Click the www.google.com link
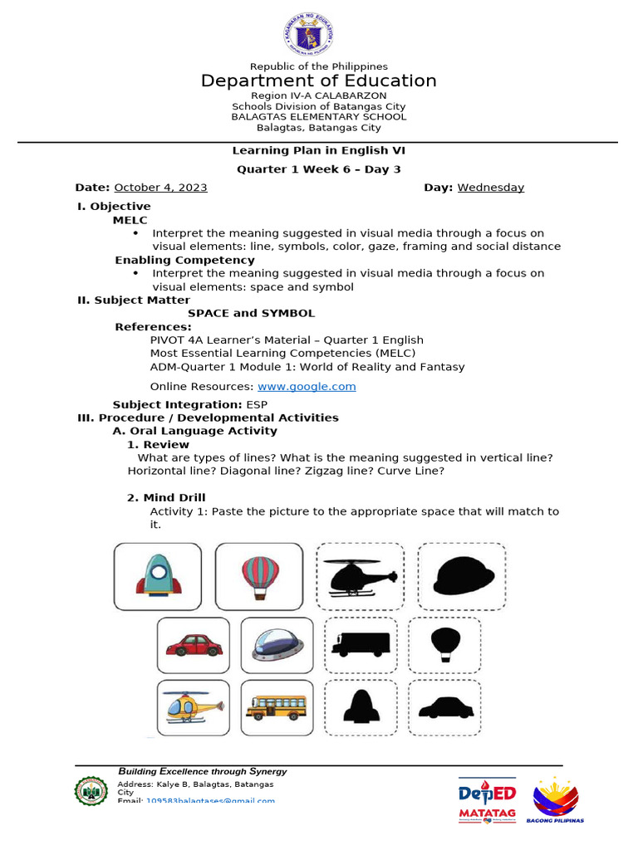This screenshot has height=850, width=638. click(x=307, y=386)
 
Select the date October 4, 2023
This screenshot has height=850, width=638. click(x=160, y=188)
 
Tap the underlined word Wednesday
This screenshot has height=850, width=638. click(x=490, y=188)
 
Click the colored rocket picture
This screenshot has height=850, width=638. click(x=157, y=575)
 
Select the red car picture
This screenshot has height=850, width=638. click(x=194, y=645)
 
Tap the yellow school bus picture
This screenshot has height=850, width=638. click(x=277, y=707)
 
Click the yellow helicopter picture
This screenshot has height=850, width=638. click(x=194, y=707)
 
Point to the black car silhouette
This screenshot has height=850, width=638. click(x=445, y=708)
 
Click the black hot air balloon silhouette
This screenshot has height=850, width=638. click(x=445, y=644)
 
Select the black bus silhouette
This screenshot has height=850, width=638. click(x=361, y=645)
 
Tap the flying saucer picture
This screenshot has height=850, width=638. click(x=277, y=645)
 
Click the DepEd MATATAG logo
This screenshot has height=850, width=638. click(x=487, y=801)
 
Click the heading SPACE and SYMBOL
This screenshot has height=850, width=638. click(x=251, y=313)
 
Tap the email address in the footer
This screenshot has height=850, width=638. click(x=210, y=801)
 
